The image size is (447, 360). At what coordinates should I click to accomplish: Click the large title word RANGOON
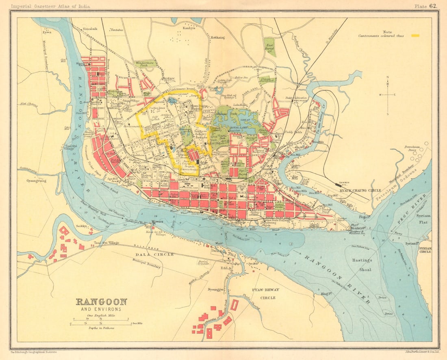pyautogui.click(x=101, y=302)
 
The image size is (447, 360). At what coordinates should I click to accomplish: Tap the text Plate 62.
pyautogui.click(x=425, y=6)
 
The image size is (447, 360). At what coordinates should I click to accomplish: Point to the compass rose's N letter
pyautogui.click(x=388, y=77)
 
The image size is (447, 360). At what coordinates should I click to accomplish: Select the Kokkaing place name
pyautogui.click(x=217, y=37)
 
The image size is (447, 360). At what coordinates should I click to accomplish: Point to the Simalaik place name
pyautogui.click(x=91, y=30)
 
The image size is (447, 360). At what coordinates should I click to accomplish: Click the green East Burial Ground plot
pyautogui.click(x=269, y=47)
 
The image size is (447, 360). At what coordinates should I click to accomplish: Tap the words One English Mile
pyautogui.click(x=101, y=316)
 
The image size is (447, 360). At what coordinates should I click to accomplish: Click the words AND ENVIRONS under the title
pyautogui.click(x=101, y=310)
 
